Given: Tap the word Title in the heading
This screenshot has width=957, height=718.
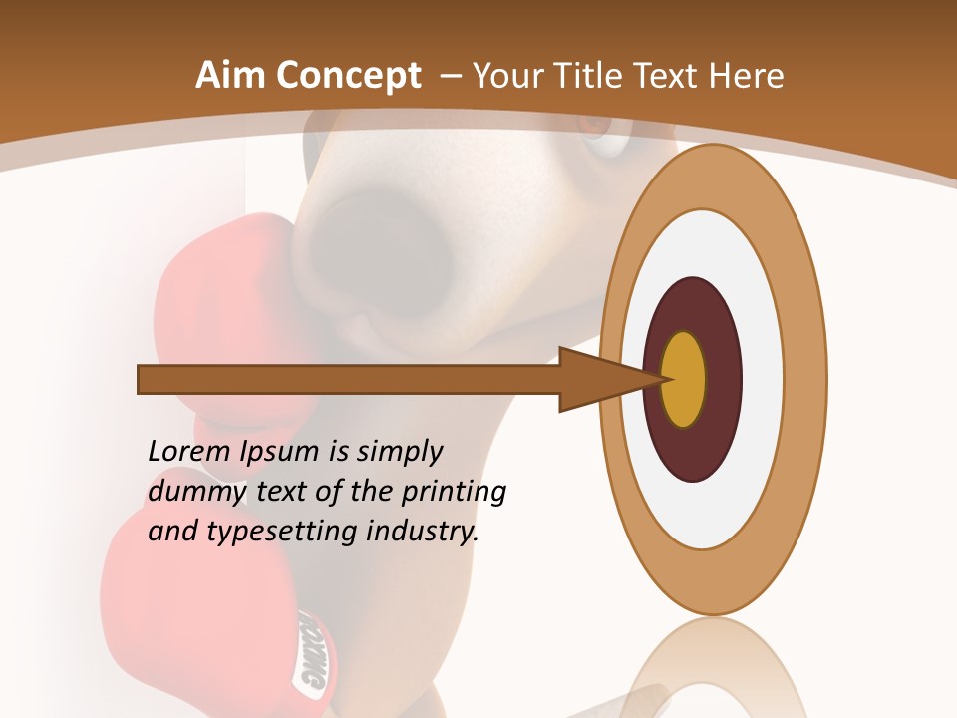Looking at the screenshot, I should click(x=591, y=76).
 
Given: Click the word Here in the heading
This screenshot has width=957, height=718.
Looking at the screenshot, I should click(x=746, y=76).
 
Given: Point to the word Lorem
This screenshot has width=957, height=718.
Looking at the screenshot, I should click(x=189, y=451).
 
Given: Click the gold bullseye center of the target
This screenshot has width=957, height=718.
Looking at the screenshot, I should click(x=683, y=379).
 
